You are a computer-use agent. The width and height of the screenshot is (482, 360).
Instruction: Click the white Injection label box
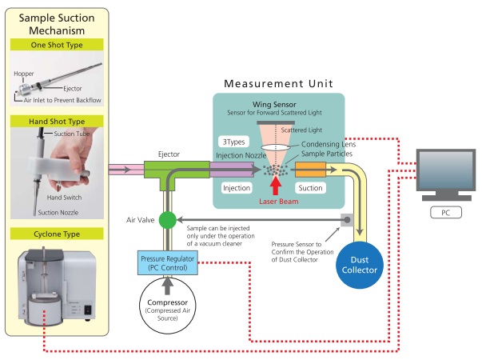coord(237,186)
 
